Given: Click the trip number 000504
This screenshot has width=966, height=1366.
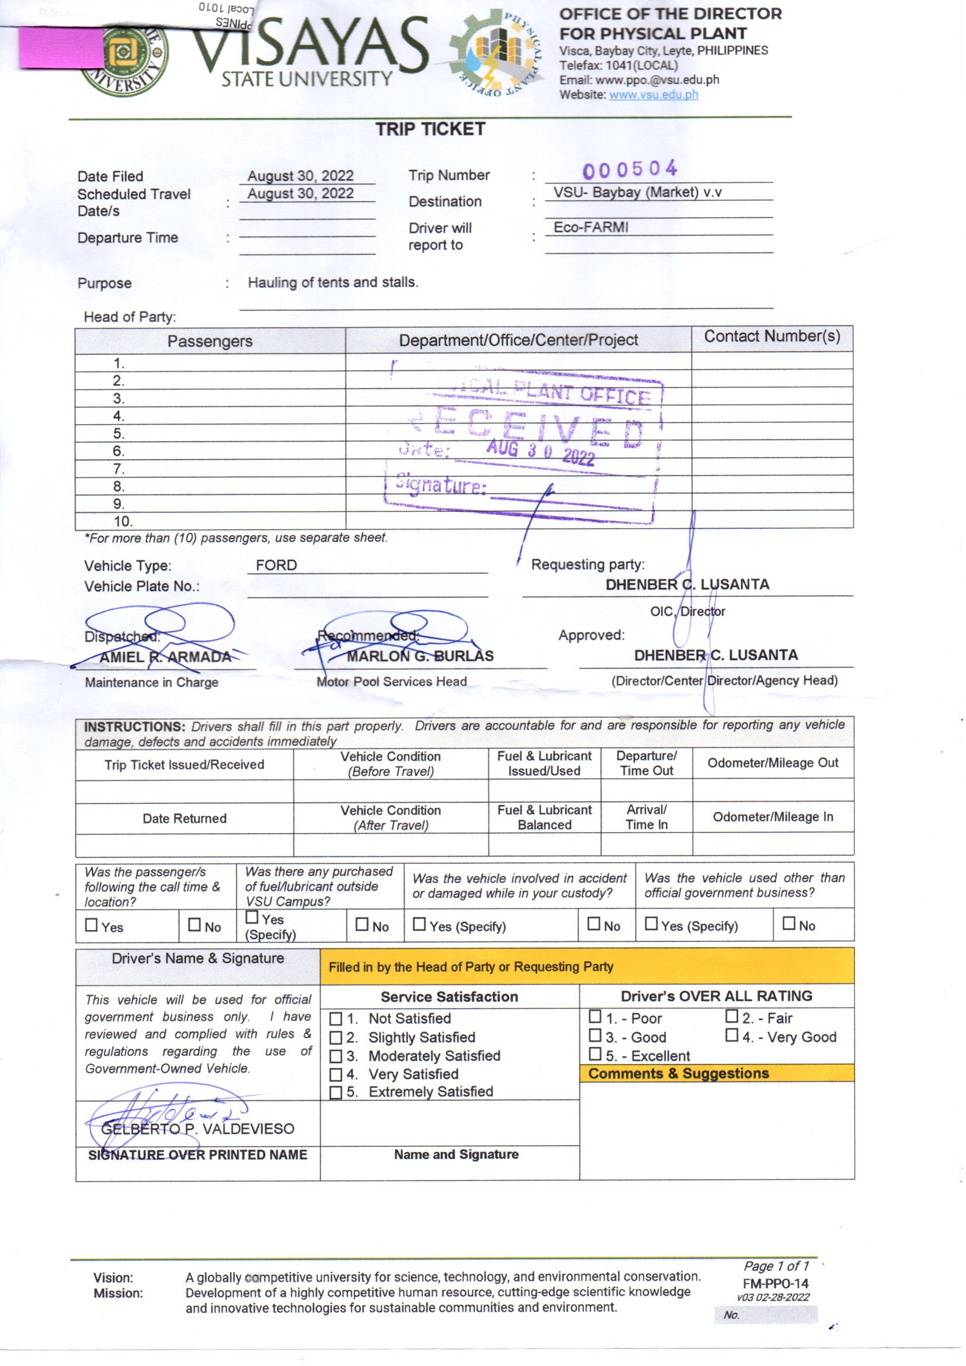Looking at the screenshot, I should (630, 169).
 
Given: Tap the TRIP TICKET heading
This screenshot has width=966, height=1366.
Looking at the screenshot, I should (430, 129).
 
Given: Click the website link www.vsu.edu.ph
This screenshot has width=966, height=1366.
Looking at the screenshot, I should (653, 95).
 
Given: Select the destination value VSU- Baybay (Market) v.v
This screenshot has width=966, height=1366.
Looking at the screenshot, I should (637, 192).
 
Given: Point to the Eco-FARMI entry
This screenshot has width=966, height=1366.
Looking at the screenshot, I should (590, 227).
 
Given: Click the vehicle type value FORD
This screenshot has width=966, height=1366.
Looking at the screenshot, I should (276, 564).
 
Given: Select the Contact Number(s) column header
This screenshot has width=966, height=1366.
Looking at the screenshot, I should (772, 337).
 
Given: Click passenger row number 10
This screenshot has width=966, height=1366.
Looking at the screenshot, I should (123, 521).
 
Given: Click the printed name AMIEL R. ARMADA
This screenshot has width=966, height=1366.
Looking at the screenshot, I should (165, 657).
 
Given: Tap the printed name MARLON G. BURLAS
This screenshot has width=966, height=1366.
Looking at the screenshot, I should (420, 656).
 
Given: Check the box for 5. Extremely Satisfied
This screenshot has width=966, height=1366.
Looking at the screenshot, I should (335, 1093).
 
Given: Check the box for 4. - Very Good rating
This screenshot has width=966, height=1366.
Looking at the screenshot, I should (731, 1035).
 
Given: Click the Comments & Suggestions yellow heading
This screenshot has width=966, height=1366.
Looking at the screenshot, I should (678, 1073).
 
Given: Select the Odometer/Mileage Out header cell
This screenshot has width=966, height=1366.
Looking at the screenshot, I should (772, 762).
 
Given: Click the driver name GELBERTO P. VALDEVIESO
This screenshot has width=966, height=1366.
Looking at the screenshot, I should (197, 1129).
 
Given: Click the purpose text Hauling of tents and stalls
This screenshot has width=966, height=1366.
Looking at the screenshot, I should (333, 282).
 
